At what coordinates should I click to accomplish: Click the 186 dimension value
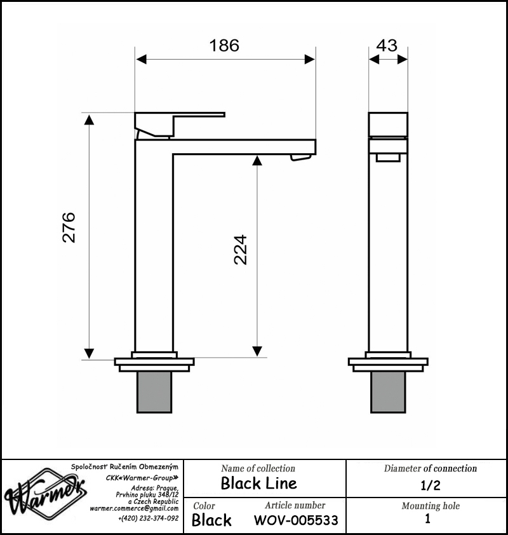(224, 45)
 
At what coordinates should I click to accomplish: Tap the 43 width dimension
(387, 45)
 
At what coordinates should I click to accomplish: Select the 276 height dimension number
(69, 227)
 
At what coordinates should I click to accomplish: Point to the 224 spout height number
(241, 250)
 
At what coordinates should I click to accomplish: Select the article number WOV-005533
(296, 520)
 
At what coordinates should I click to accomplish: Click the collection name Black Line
(259, 483)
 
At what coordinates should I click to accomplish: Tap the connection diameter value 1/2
(431, 485)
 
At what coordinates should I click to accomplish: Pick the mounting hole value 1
(427, 518)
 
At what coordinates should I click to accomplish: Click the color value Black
(211, 520)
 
